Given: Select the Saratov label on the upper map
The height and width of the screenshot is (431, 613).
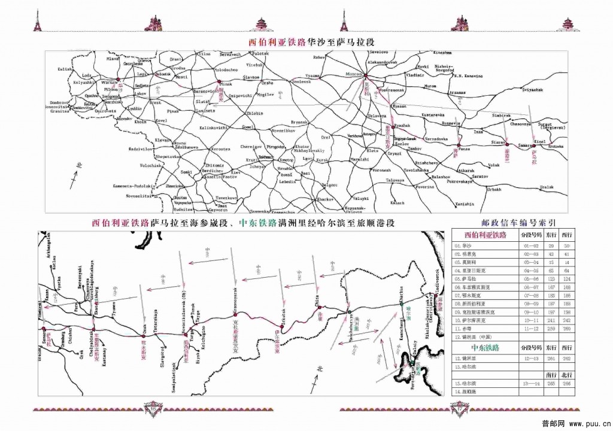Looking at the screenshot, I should click(478, 177).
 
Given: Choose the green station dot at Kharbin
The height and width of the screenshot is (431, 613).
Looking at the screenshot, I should click(402, 303).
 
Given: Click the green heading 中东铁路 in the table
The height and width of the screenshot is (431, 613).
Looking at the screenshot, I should click(485, 347).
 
